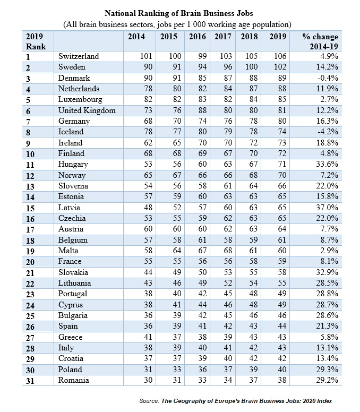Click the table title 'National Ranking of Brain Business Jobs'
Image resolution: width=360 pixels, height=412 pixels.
[x=179, y=13]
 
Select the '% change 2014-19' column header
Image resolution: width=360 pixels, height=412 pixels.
[x=320, y=41]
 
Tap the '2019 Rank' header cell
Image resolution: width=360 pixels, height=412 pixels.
[x=36, y=41]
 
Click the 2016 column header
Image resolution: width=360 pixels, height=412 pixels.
[x=198, y=36]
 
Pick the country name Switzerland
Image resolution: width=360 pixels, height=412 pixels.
[x=79, y=56]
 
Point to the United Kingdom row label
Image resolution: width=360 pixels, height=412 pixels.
[x=87, y=110]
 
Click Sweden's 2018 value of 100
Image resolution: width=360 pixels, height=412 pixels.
[x=252, y=67]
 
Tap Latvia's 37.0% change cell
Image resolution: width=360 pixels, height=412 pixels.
[x=327, y=208]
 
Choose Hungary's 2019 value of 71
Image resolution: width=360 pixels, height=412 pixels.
[x=282, y=164]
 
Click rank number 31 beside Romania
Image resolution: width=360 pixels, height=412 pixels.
[x=30, y=381]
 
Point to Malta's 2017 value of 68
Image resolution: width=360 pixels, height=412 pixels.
[x=228, y=251]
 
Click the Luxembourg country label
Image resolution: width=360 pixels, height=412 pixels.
[x=80, y=100]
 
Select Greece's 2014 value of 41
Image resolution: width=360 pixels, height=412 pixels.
[x=148, y=337]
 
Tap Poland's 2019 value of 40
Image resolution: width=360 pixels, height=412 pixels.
[x=282, y=370]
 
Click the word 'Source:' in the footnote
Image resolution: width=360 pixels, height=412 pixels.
[x=149, y=401]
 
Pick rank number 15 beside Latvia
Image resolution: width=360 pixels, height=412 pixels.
[x=30, y=208]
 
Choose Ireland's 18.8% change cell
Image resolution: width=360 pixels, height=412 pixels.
[x=327, y=143]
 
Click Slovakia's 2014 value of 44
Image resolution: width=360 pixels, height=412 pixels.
[x=148, y=272]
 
